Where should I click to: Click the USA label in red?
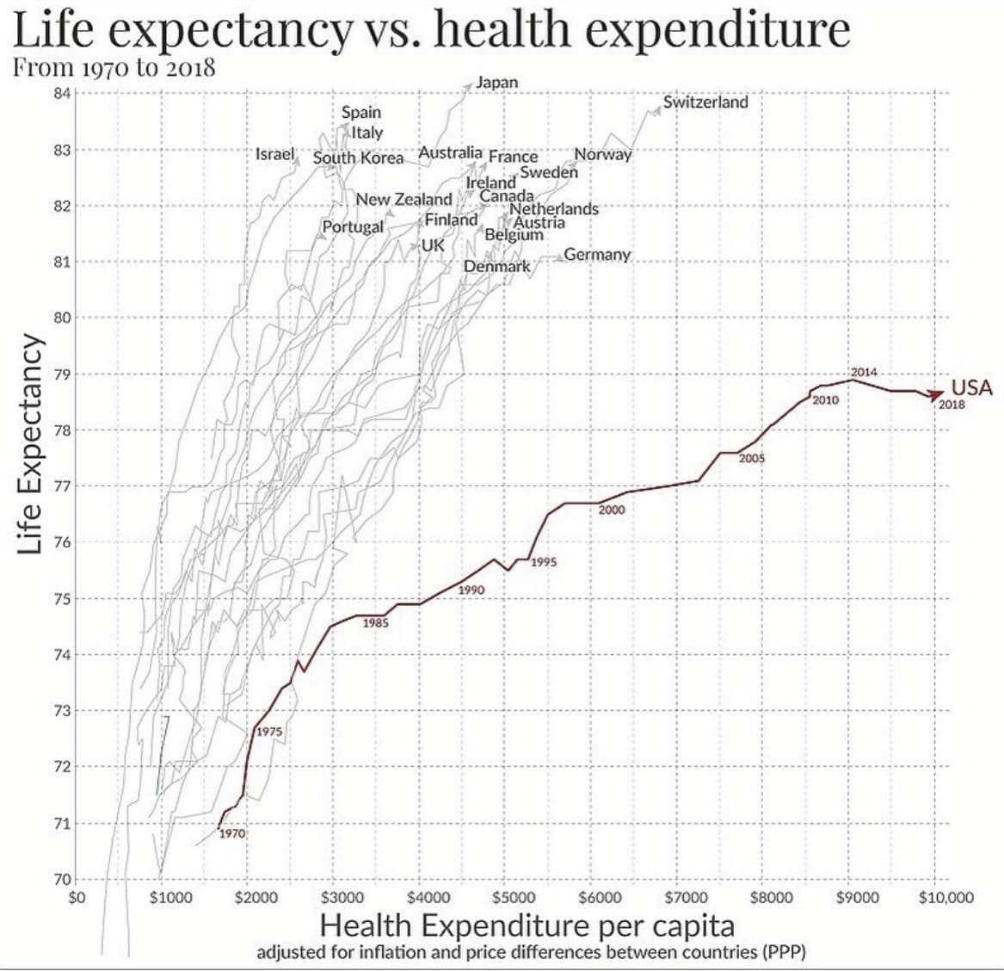(x=971, y=387)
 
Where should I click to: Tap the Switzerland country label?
(x=705, y=102)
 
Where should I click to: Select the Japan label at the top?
(x=497, y=82)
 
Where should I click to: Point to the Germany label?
(x=597, y=255)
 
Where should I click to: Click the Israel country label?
(x=275, y=154)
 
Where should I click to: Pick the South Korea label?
(x=358, y=158)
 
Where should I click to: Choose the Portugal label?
(x=353, y=226)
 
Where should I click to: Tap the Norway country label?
(x=602, y=154)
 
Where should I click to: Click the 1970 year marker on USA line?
(x=232, y=833)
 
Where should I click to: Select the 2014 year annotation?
(x=864, y=372)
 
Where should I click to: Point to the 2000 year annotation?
(x=612, y=510)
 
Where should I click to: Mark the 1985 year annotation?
(x=376, y=622)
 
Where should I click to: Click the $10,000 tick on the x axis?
(x=945, y=898)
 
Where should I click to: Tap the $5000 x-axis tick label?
(x=514, y=898)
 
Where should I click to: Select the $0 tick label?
(x=77, y=898)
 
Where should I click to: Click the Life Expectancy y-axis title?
(x=30, y=443)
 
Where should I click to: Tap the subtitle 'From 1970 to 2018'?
(x=113, y=67)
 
